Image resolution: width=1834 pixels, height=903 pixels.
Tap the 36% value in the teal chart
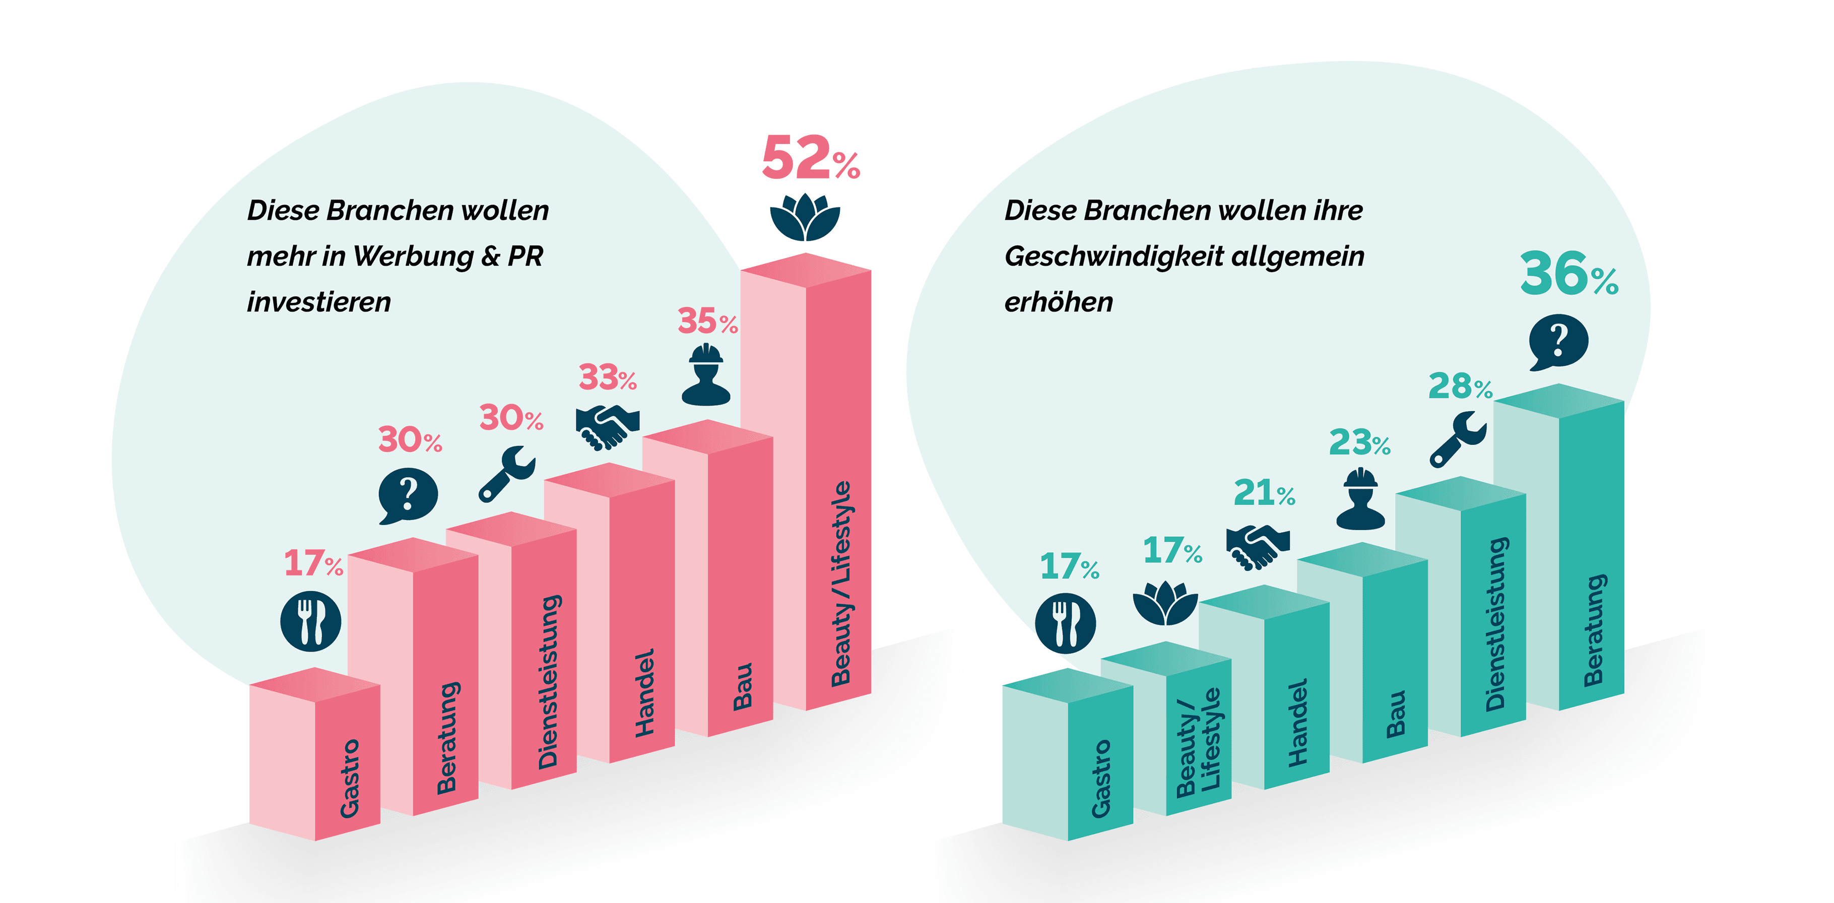point(1568,274)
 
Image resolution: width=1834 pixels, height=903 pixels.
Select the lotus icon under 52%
point(805,217)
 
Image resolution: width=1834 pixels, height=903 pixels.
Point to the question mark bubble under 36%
point(1558,341)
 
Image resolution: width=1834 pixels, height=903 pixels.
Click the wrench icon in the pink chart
point(506,474)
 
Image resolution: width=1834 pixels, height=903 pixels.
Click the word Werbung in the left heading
point(413,256)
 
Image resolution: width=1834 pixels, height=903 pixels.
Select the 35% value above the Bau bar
point(706,321)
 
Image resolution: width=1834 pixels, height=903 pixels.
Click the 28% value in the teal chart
point(1460,386)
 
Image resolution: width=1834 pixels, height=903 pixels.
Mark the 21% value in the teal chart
point(1263,493)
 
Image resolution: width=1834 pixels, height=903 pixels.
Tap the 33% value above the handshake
point(607,377)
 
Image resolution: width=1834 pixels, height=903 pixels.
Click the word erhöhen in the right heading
point(1058,302)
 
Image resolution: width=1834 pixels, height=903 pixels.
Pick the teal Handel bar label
point(1298,722)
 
